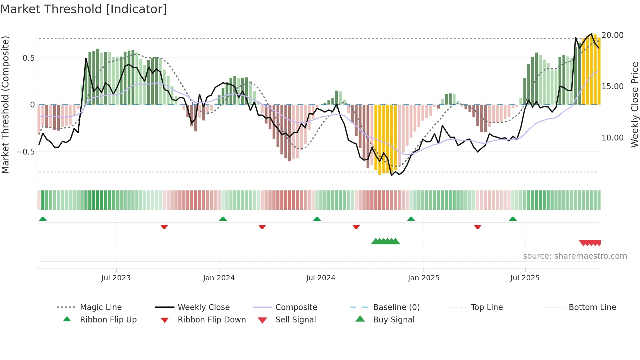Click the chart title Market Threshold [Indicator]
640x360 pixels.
[84, 9]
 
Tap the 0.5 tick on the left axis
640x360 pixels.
[28, 58]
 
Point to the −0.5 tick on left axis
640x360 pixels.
[25, 152]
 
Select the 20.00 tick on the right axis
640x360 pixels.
[612, 35]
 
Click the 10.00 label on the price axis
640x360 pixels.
[612, 138]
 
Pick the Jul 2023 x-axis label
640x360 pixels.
[116, 278]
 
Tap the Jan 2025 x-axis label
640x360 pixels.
[423, 278]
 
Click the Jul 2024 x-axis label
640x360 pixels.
[320, 278]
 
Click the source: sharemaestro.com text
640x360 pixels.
[575, 256]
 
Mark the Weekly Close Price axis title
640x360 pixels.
[634, 105]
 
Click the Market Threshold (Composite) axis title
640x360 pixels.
[5, 105]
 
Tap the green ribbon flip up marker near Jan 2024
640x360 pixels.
[223, 219]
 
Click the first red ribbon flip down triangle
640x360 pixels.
[164, 227]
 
